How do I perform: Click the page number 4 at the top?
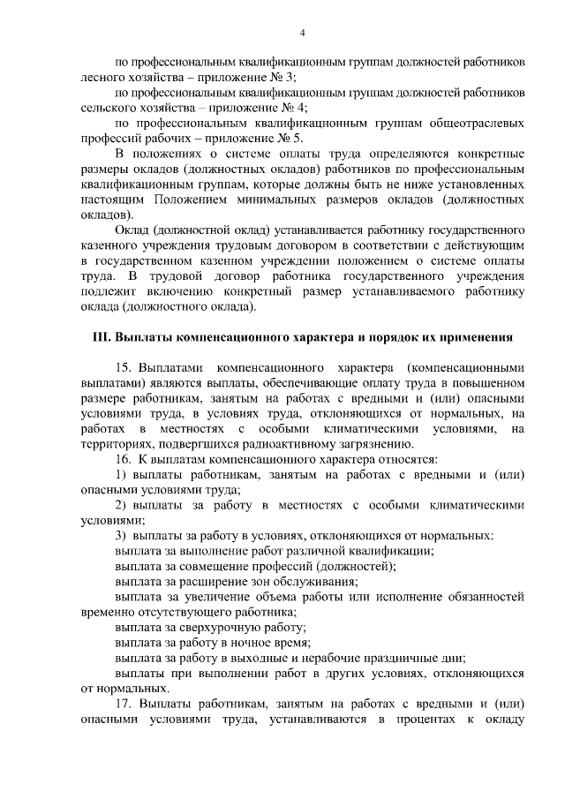coord(302,34)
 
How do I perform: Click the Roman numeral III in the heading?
coord(102,338)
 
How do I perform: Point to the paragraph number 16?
coord(124,458)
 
